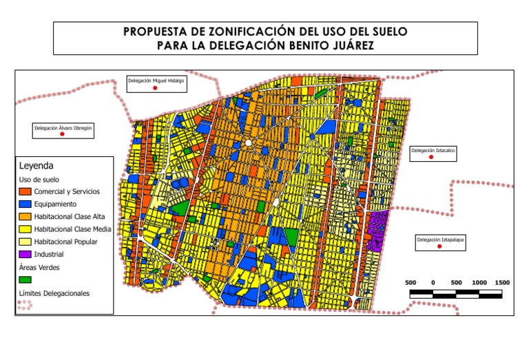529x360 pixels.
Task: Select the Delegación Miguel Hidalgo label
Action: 156,81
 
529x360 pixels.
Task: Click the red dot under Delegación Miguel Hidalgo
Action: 156,89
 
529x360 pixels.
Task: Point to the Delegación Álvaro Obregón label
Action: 63,127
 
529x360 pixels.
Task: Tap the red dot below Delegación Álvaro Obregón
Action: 62,134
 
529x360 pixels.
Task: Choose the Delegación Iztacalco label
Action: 433,149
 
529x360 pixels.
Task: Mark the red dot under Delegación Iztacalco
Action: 431,158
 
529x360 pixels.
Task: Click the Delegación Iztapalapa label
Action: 439,240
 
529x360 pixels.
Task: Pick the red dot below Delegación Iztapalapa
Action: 439,246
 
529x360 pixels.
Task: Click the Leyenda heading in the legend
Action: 36,166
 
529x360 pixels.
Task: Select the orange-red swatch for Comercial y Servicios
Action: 25,191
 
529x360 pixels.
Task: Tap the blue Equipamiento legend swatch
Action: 25,204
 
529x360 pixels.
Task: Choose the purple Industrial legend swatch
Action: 25,254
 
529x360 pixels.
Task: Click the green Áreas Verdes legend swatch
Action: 25,279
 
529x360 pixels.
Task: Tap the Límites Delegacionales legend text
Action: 54,293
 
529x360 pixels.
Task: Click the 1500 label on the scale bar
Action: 501,283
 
